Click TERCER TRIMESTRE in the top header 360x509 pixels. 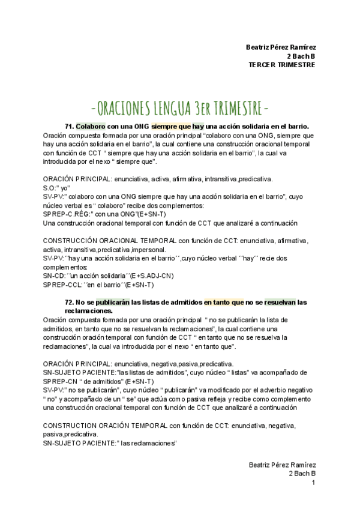[x=281, y=65]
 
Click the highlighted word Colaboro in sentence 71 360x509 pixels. [x=91, y=127]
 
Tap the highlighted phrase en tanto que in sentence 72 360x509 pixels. [x=224, y=303]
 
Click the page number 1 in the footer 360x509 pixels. [x=313, y=483]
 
